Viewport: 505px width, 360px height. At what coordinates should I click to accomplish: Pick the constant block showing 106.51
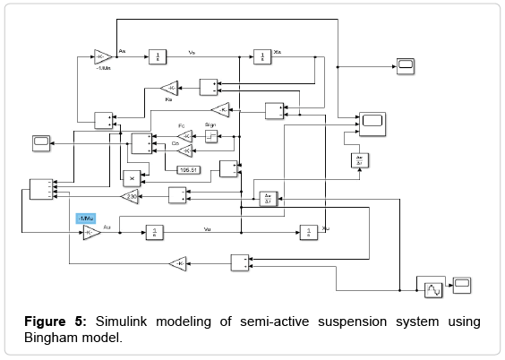[189, 168]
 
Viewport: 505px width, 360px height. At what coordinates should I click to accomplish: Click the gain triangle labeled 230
[129, 196]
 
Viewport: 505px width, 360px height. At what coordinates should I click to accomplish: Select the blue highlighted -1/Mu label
[88, 218]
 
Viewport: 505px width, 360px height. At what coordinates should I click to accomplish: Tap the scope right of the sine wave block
[462, 285]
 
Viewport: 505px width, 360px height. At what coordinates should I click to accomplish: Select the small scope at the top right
[405, 64]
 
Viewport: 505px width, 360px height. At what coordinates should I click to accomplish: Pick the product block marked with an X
[132, 176]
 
